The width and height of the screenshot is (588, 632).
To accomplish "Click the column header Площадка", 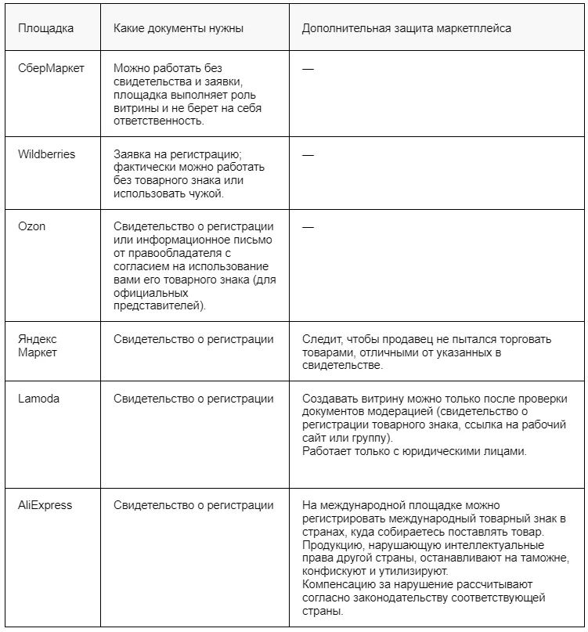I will pyautogui.click(x=46, y=28).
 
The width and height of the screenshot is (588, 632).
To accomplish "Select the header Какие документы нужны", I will pyautogui.click(x=178, y=28).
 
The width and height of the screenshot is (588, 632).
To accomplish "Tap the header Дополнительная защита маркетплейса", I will pyautogui.click(x=406, y=28).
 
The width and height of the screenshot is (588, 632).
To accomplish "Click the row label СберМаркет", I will pyautogui.click(x=51, y=68).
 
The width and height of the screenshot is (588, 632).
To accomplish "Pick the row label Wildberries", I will pyautogui.click(x=47, y=154).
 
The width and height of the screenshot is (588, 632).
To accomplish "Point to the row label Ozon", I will pyautogui.click(x=32, y=226).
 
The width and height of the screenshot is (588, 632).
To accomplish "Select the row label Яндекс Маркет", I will pyautogui.click(x=38, y=345).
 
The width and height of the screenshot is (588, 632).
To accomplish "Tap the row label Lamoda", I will pyautogui.click(x=39, y=399).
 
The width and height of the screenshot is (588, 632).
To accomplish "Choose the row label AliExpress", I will pyautogui.click(x=45, y=505).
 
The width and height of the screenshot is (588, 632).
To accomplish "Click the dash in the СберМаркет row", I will pyautogui.click(x=308, y=69).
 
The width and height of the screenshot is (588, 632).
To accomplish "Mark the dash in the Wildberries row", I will pyautogui.click(x=308, y=155).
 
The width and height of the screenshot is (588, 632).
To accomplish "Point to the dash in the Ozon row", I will pyautogui.click(x=308, y=226).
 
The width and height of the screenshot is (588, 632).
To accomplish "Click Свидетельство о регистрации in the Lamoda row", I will pyautogui.click(x=193, y=399).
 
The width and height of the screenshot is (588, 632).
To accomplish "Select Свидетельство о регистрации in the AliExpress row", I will pyautogui.click(x=193, y=505).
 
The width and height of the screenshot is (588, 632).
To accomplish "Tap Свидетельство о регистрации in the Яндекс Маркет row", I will pyautogui.click(x=193, y=339).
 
